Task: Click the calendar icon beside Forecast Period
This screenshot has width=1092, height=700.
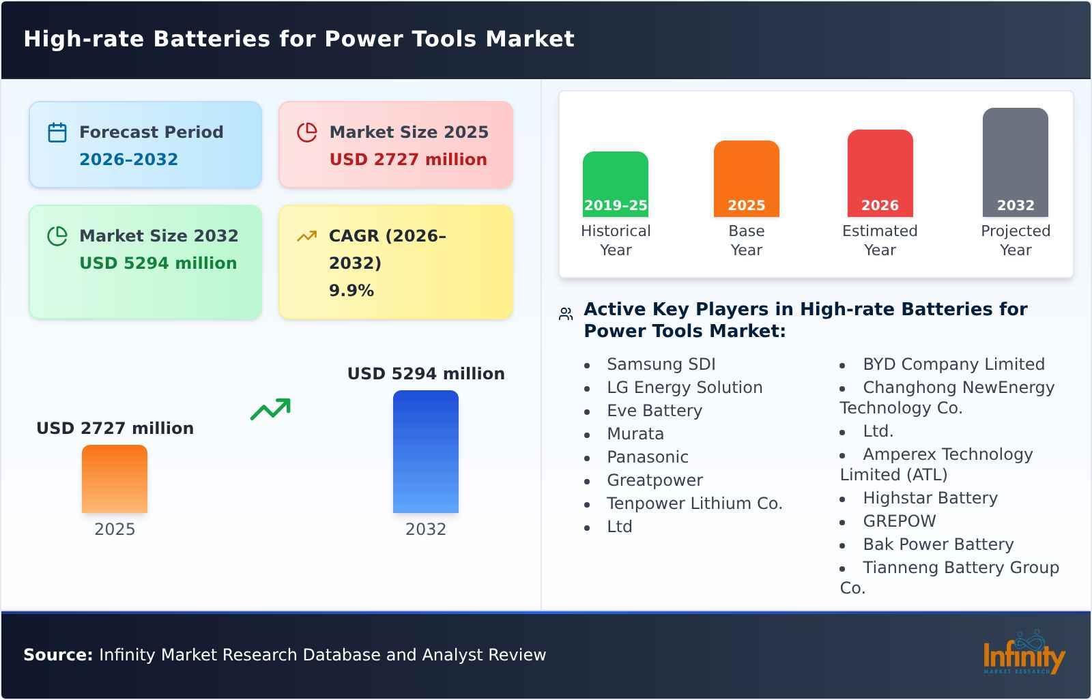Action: click(x=57, y=132)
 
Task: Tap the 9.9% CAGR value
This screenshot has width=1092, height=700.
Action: click(x=351, y=291)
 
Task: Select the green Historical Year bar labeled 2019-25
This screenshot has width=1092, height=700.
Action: click(x=615, y=184)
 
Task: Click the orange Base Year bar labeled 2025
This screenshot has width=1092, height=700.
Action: click(x=746, y=178)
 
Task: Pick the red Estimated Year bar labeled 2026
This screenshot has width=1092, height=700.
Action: click(x=880, y=173)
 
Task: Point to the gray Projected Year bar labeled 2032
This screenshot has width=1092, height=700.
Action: click(x=1015, y=162)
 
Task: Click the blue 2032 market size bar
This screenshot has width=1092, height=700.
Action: click(x=425, y=451)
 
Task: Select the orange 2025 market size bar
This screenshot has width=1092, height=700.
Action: click(x=115, y=478)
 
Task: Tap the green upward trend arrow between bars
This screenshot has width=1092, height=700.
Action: click(x=270, y=409)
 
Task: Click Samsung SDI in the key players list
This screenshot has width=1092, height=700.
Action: click(x=661, y=364)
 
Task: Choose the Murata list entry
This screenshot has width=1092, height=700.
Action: click(x=635, y=434)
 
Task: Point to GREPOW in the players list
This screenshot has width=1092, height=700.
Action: click(x=899, y=521)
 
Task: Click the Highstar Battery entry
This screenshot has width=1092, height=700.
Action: click(x=930, y=498)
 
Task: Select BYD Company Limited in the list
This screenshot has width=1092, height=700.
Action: click(x=953, y=364)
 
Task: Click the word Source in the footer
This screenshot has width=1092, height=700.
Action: click(x=57, y=655)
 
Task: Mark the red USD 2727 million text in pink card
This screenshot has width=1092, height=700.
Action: click(x=408, y=160)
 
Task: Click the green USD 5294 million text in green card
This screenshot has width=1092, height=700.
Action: click(x=158, y=263)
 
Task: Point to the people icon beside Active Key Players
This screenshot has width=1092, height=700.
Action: click(x=566, y=314)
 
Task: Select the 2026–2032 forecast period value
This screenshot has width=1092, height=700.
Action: click(x=128, y=160)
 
